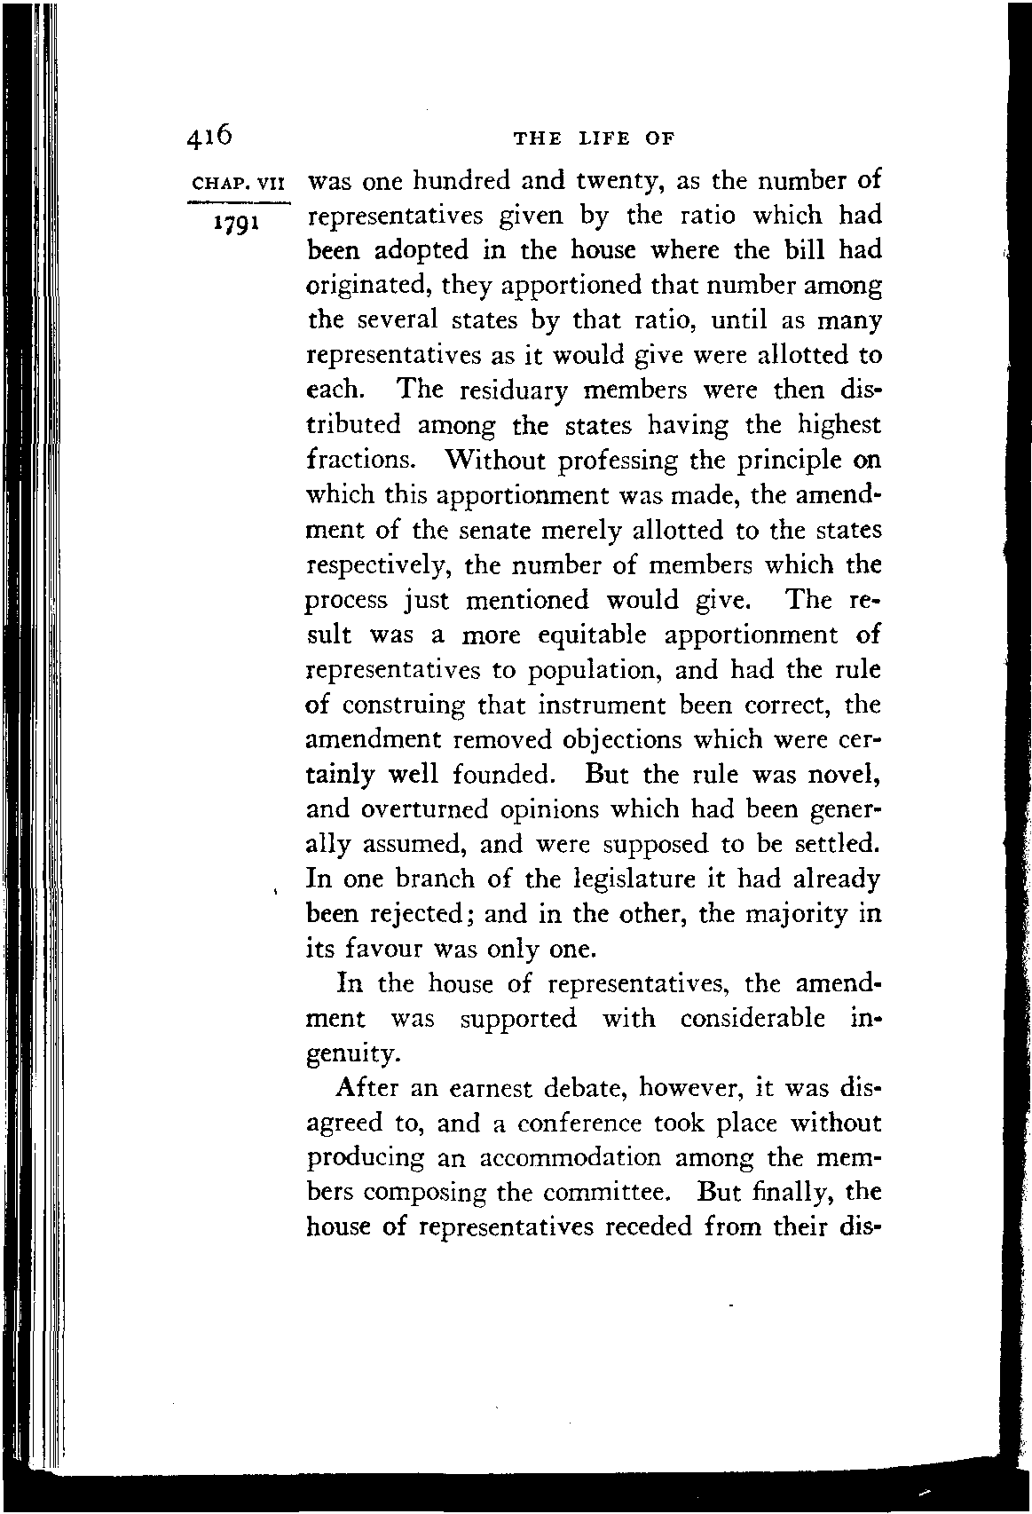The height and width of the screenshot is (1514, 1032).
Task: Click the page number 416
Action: coord(209,135)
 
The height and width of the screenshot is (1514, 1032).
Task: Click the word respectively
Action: coord(375,566)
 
